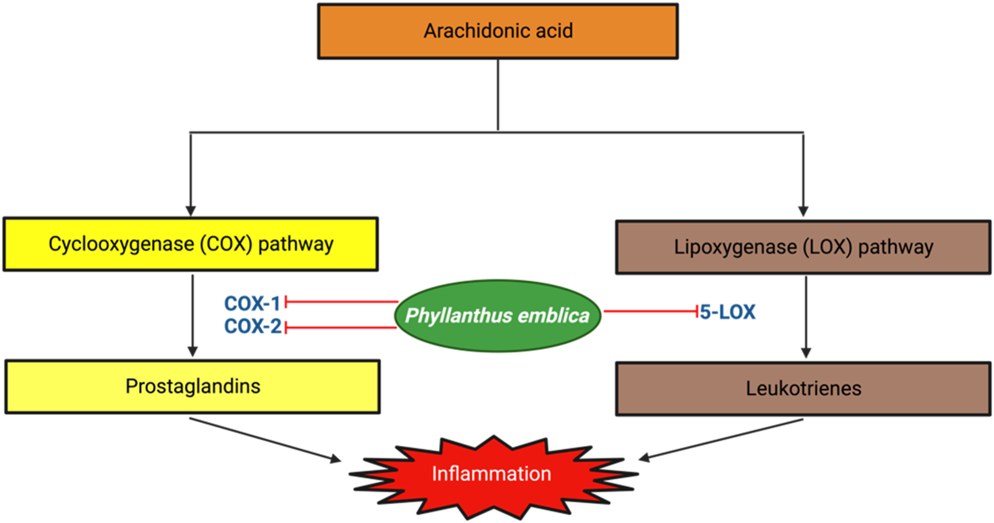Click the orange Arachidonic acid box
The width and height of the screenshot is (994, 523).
[498, 31]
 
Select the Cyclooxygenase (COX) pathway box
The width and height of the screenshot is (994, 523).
[190, 244]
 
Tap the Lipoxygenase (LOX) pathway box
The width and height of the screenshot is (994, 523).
[803, 247]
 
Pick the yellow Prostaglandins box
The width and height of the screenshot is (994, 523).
[193, 386]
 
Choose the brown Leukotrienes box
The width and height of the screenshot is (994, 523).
[803, 389]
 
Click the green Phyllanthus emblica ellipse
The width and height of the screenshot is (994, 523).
[497, 316]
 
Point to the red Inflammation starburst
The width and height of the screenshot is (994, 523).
[492, 475]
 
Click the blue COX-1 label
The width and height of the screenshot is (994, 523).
[252, 304]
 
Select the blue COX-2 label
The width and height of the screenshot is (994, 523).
[253, 326]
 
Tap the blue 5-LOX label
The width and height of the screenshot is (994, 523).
[727, 312]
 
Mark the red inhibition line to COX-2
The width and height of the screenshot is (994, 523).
[342, 327]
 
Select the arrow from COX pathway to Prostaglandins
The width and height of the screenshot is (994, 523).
[193, 314]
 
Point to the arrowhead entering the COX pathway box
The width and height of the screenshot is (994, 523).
[191, 211]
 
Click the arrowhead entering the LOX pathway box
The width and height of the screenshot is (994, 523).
[803, 211]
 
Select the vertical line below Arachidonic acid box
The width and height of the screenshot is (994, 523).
[498, 94]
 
